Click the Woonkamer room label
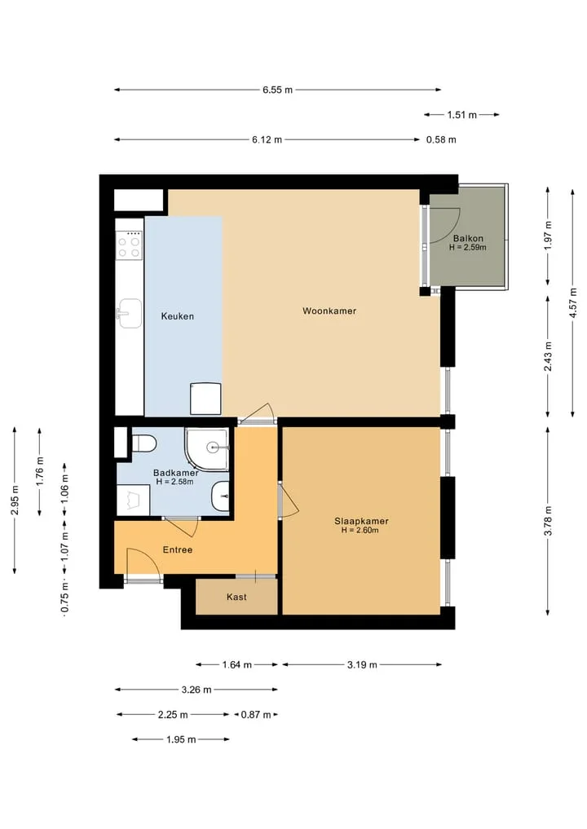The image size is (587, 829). click(x=329, y=311)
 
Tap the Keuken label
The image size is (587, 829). click(x=177, y=316)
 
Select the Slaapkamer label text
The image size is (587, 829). click(x=361, y=521)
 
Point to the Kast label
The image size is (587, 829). click(x=236, y=597)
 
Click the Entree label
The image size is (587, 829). click(x=177, y=550)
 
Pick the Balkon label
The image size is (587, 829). click(x=468, y=239)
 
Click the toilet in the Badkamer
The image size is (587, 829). click(x=143, y=443)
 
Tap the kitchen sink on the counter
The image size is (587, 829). click(x=129, y=314)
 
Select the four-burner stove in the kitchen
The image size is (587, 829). click(x=129, y=245)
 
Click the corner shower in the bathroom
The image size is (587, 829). click(x=207, y=449)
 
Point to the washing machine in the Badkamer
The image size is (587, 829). click(x=133, y=500)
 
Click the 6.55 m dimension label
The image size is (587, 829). click(x=278, y=90)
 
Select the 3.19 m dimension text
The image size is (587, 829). click(x=362, y=664)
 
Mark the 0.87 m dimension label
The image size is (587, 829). click(x=256, y=715)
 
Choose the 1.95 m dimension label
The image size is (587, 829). click(x=181, y=739)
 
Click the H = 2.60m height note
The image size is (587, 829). click(x=360, y=531)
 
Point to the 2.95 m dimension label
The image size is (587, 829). click(x=15, y=500)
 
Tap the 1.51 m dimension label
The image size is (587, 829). click(x=462, y=115)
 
